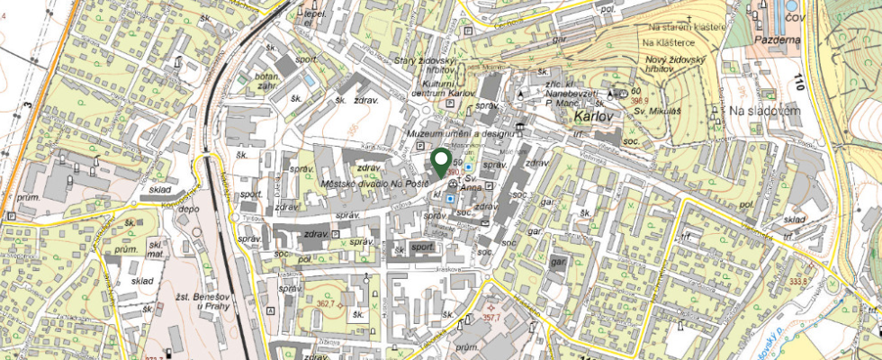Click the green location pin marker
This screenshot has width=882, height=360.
(x=441, y=163)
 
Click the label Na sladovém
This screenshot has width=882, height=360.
(x=764, y=110)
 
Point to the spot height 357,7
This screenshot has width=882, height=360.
(x=491, y=317)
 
